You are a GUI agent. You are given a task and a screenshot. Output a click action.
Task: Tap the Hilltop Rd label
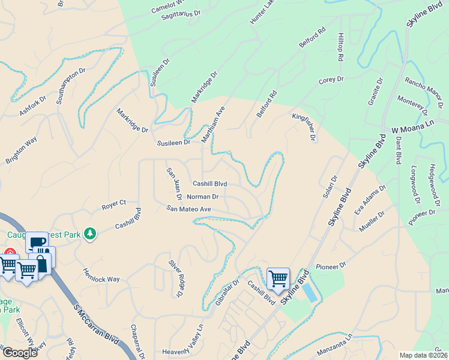[340, 47]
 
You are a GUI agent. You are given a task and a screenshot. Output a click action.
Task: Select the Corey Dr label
[331, 80]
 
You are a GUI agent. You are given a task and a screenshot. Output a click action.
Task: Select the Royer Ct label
[113, 205]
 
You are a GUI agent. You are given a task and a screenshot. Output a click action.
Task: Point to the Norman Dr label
[203, 197]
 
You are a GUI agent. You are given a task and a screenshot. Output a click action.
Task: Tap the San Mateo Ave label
[189, 209]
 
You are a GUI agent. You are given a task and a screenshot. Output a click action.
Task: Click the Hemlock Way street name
[101, 275]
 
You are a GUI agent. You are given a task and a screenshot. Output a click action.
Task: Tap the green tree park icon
[90, 233]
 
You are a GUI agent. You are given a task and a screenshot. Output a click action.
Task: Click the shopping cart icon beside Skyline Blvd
[278, 278]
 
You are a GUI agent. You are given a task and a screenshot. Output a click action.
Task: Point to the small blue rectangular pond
[309, 293]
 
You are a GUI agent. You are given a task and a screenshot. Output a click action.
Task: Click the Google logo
[20, 353]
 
